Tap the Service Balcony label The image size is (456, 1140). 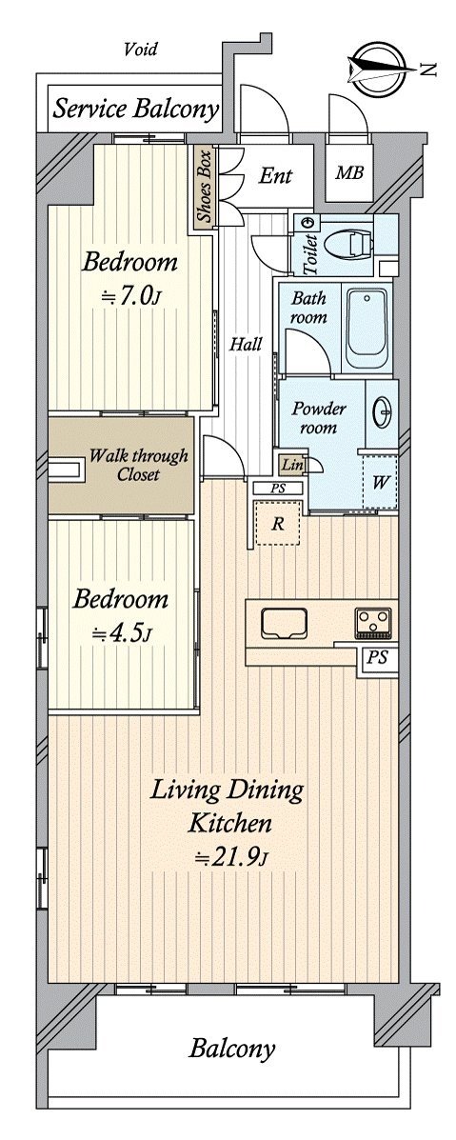click(136, 110)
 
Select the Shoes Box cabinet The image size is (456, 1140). click(204, 189)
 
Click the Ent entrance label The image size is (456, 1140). click(276, 175)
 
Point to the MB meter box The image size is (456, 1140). click(348, 174)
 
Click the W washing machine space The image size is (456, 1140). click(380, 481)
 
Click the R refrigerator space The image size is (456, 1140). click(277, 524)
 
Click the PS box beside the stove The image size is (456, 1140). click(377, 659)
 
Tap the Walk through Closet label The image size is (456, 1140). click(138, 466)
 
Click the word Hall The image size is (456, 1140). click(247, 345)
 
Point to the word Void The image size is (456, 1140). click(140, 50)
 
